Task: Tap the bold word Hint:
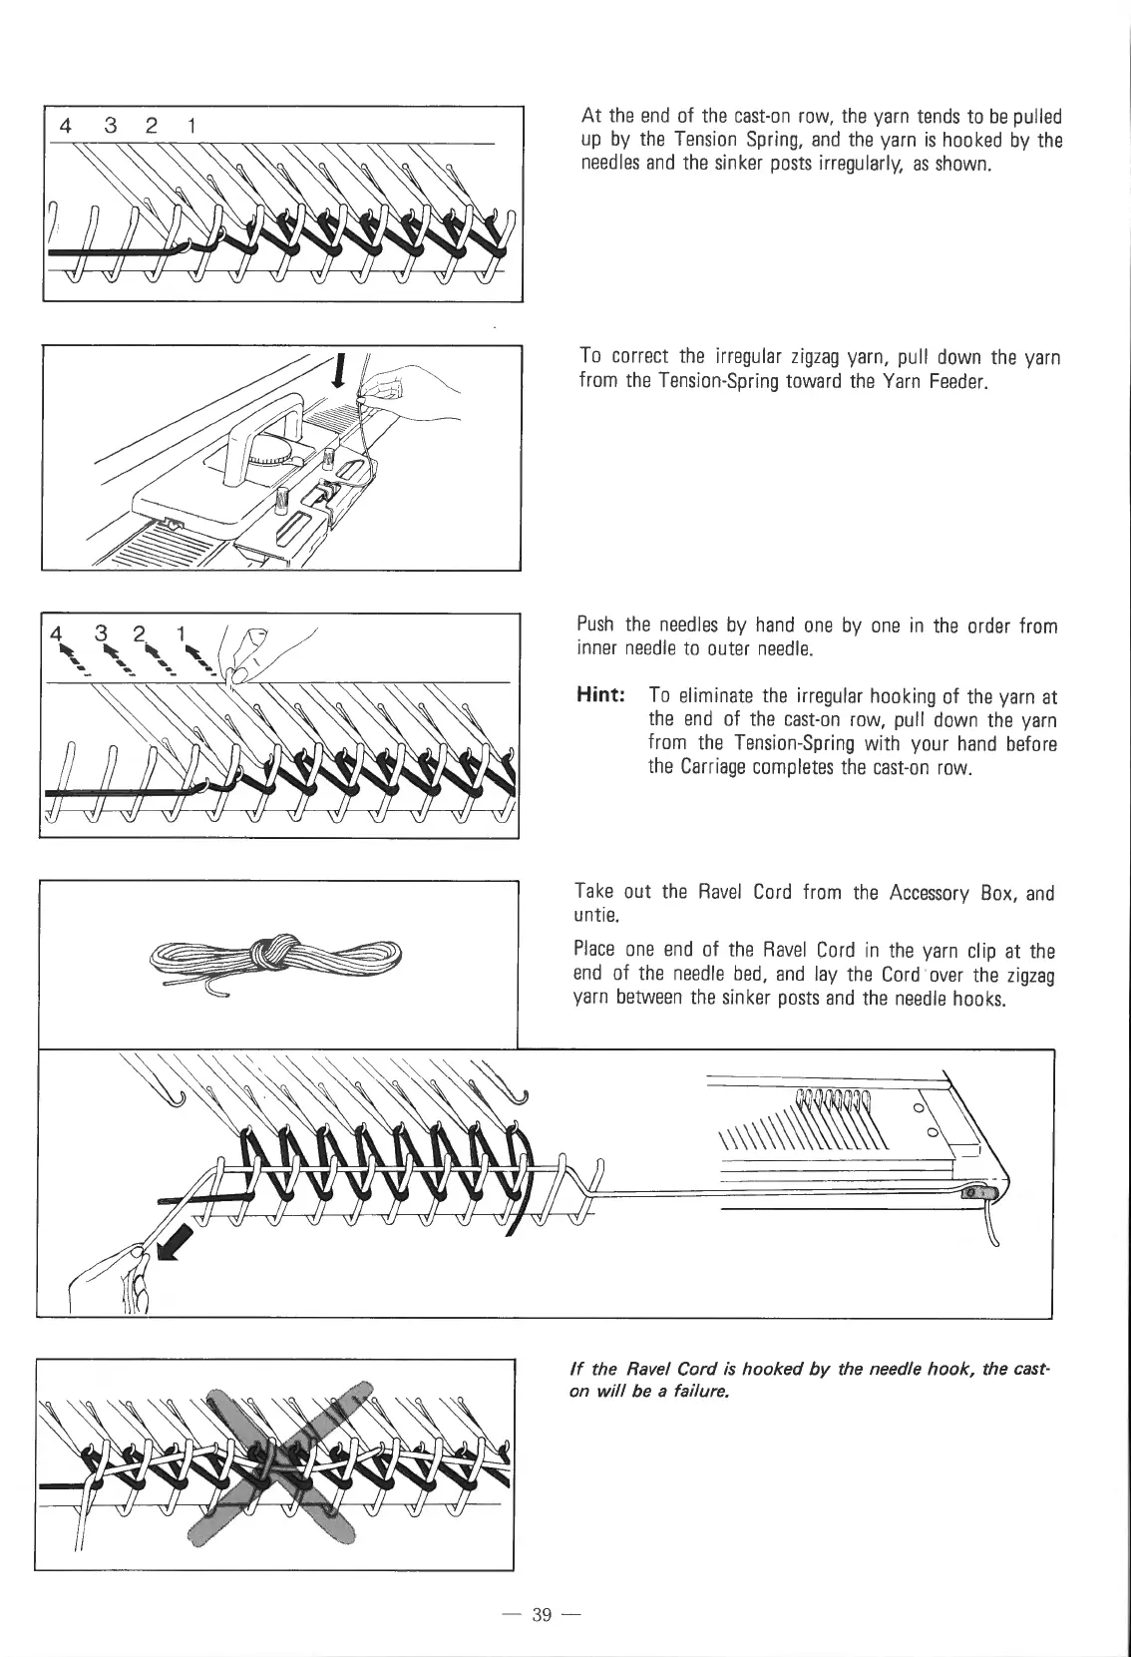[x=603, y=695]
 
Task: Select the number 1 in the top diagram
[x=190, y=126]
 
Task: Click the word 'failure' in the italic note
[x=699, y=1392]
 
